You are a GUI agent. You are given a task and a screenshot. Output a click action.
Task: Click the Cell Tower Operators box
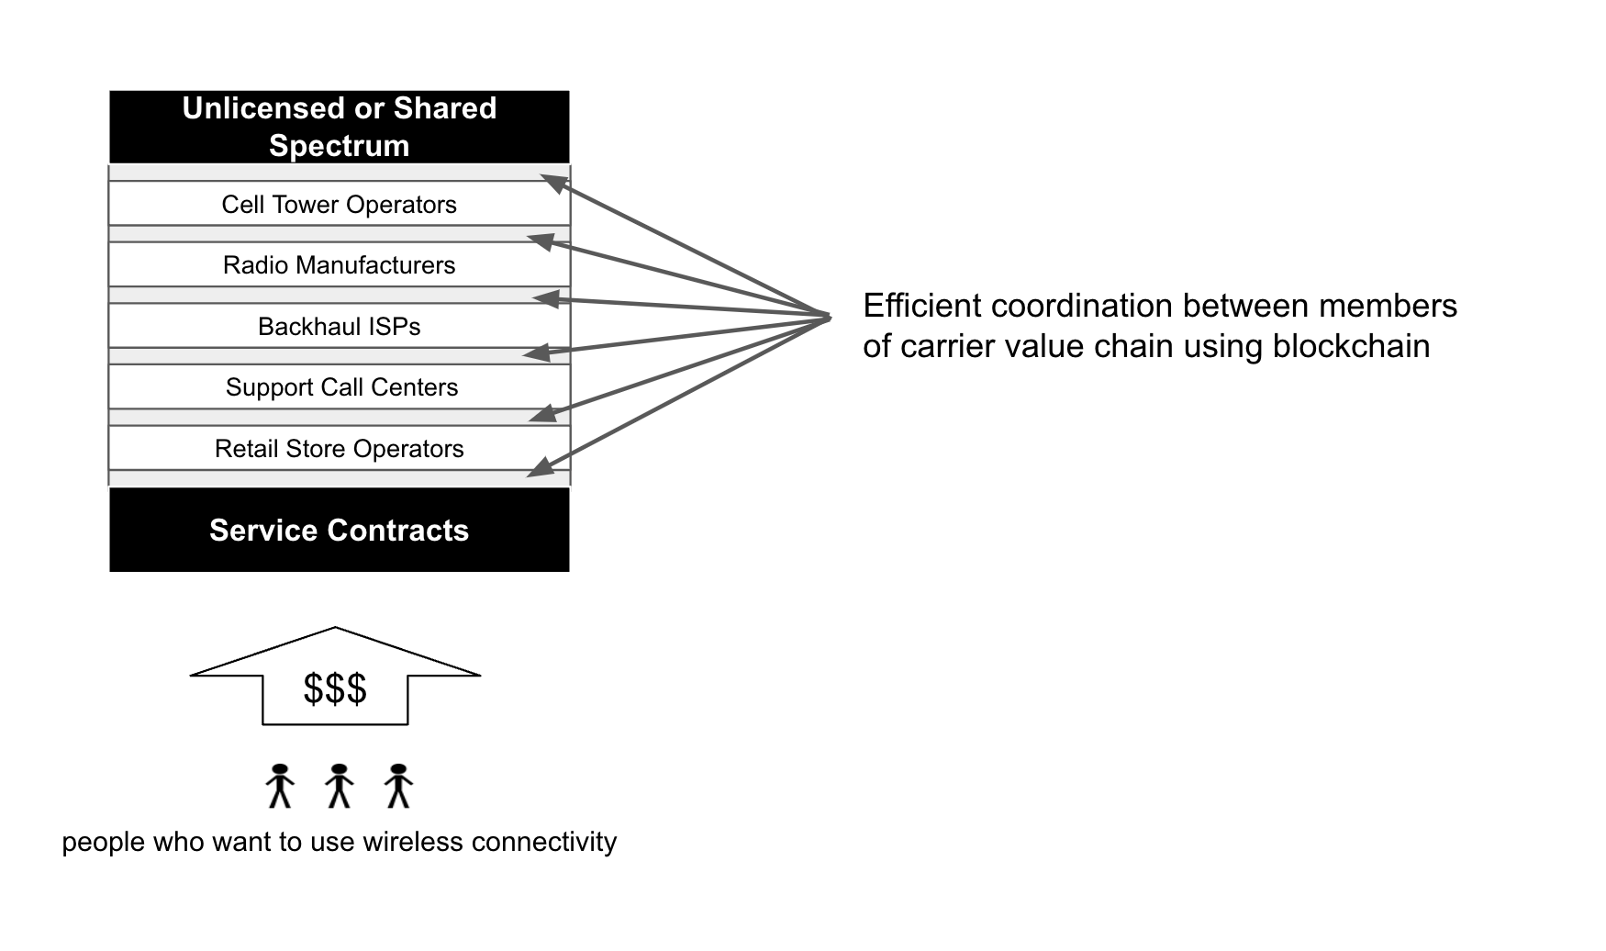point(339,204)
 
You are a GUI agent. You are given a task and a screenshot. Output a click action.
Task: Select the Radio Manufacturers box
point(339,265)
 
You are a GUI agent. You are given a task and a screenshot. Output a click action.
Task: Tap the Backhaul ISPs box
point(339,327)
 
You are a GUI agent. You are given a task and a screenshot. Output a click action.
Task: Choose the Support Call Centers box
point(340,387)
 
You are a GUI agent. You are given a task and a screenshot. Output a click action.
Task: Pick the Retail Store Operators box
point(339,449)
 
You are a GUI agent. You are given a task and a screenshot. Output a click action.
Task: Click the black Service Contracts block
point(339,530)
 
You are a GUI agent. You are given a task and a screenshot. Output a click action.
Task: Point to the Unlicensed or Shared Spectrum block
point(339,126)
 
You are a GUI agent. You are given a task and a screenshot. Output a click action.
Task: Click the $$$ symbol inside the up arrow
point(335,688)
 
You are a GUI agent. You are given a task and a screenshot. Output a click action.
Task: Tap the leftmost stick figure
point(280,786)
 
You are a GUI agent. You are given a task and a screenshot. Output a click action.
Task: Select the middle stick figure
point(339,786)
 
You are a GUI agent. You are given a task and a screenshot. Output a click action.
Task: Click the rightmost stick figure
point(398,786)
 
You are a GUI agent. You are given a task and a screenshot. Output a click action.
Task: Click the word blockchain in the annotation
point(1351,346)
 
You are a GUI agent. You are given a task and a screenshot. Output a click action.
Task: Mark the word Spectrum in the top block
point(339,146)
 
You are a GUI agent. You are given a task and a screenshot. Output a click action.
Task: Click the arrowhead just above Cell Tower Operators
point(552,182)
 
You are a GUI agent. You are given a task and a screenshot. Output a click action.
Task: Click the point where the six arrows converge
point(829,318)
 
